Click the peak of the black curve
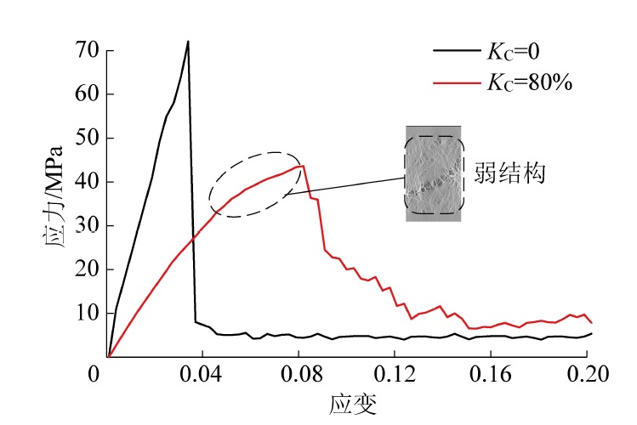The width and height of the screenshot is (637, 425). tap(188, 41)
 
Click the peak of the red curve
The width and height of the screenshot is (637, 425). tap(303, 165)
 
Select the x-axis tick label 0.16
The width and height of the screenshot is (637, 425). tap(495, 373)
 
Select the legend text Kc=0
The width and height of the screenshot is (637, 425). tap(514, 52)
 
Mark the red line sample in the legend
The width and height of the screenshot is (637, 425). tap(458, 82)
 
